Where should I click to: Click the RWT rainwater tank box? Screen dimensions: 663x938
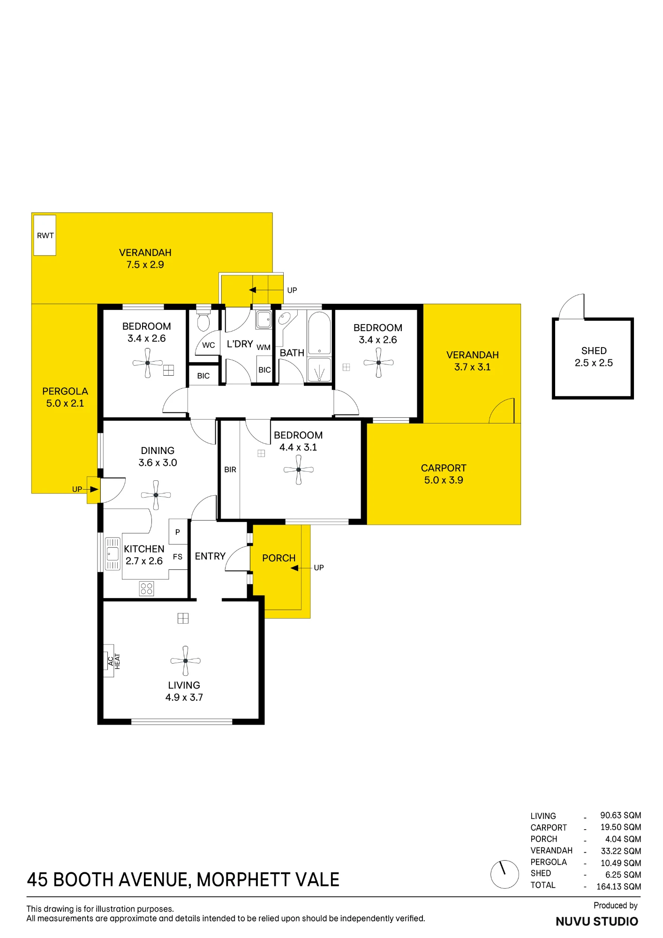click(x=45, y=235)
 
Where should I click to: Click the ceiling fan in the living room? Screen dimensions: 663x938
click(x=185, y=661)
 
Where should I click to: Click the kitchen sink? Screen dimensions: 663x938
click(x=113, y=554)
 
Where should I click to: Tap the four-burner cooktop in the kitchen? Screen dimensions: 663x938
click(x=147, y=589)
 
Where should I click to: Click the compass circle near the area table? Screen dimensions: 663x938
click(x=505, y=874)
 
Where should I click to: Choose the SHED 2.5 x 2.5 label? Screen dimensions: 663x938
click(x=594, y=357)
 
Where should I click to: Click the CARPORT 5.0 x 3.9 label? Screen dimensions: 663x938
click(x=444, y=474)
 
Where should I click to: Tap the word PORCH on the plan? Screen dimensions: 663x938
click(x=279, y=558)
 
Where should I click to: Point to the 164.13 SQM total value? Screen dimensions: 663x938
click(x=618, y=886)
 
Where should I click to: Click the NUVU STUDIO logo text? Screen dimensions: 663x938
click(x=597, y=922)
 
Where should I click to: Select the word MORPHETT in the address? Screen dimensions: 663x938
click(x=242, y=880)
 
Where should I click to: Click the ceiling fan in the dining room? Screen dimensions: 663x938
click(x=156, y=495)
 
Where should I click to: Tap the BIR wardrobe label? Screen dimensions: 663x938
click(x=230, y=469)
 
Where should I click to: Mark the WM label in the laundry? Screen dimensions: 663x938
click(x=264, y=348)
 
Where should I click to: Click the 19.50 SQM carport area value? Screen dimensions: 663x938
click(x=621, y=827)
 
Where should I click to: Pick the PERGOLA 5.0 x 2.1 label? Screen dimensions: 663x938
click(x=65, y=397)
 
